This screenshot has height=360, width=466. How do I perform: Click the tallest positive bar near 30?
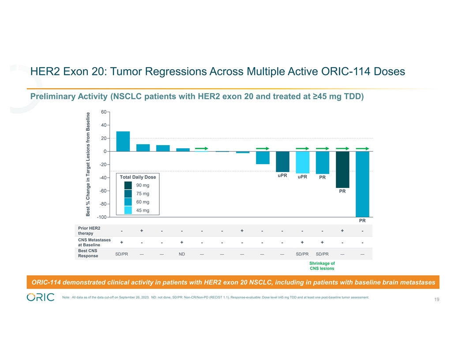tap(123, 141)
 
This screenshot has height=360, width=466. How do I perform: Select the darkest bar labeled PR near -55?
tap(342, 169)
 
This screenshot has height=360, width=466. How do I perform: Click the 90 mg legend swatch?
tap(128, 185)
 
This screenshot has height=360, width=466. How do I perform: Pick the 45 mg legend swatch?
tap(128, 210)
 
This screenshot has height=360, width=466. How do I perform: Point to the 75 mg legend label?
tap(143, 194)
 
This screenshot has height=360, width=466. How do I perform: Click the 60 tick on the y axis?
tap(102, 112)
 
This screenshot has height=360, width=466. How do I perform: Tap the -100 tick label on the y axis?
tap(101, 217)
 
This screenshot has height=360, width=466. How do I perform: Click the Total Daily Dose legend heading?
tap(138, 177)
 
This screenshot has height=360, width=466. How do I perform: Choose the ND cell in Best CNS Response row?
tap(182, 254)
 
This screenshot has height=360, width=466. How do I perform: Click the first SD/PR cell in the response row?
tap(122, 254)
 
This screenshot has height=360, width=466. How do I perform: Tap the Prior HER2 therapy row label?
tap(89, 230)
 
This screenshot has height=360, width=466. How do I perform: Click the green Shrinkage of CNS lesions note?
tap(322, 266)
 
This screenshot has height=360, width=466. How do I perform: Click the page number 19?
tap(436, 300)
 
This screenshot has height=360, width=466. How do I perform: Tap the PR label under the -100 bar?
tap(362, 221)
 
